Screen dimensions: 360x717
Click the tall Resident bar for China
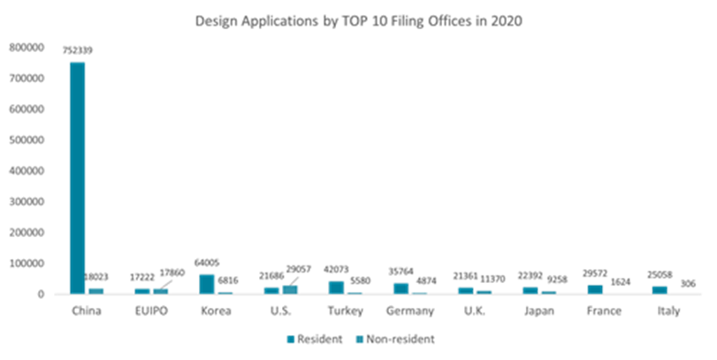(78, 177)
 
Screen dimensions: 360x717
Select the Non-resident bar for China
(95, 289)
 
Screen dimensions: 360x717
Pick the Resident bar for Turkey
(336, 287)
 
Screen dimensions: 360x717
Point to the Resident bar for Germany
(400, 287)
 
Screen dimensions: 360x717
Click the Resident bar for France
(595, 288)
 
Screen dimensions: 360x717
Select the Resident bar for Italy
(660, 288)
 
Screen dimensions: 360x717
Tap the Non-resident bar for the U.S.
(289, 288)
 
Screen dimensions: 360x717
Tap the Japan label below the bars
(539, 311)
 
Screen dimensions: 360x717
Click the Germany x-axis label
(409, 311)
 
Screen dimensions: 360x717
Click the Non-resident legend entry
(393, 339)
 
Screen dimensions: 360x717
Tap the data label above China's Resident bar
(78, 50)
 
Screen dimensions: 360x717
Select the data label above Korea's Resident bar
(206, 263)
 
